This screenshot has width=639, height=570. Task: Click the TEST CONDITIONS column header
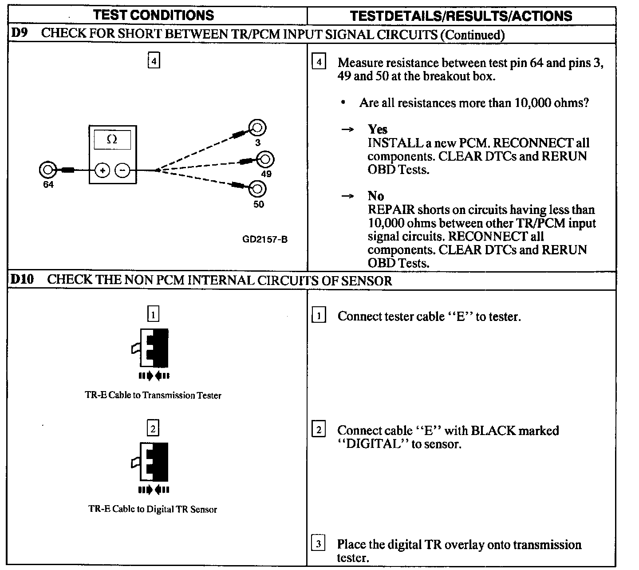point(154,16)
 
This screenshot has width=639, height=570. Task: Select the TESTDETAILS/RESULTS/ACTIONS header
point(461,16)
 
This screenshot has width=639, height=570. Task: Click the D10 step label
point(22,280)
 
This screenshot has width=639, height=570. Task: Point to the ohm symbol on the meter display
point(112,139)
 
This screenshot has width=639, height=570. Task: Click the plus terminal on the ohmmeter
point(102,170)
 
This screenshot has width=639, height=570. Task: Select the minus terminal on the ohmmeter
point(123,170)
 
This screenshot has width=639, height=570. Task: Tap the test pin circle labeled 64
point(47,170)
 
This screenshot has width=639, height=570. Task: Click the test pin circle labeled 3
point(257,128)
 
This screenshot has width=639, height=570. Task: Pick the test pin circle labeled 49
point(266,159)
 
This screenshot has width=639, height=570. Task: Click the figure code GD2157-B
point(265,239)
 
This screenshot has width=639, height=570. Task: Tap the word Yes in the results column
point(377,129)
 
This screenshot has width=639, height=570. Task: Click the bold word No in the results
point(375,196)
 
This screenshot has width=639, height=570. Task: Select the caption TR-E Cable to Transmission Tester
point(153,395)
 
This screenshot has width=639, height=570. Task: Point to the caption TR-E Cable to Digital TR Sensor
point(153,509)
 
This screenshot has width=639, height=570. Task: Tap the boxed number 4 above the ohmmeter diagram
point(153,60)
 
